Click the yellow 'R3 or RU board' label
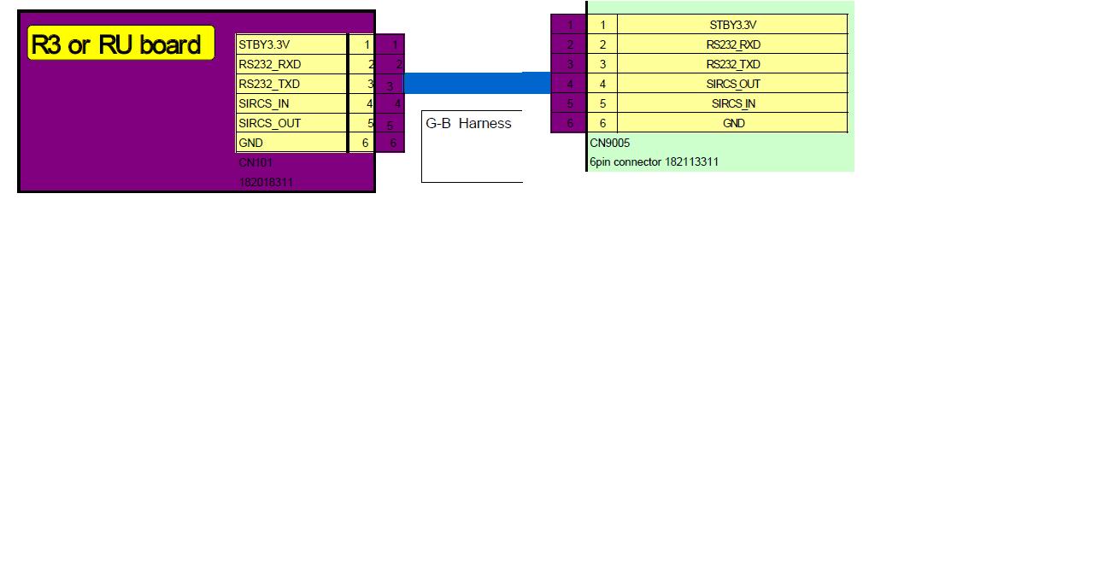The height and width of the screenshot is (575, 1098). [x=120, y=44]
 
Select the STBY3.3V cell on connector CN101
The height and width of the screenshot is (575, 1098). [x=291, y=44]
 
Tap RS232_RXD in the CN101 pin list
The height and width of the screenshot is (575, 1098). [x=291, y=64]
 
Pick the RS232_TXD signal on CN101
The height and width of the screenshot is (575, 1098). [x=291, y=84]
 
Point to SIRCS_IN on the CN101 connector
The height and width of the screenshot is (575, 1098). [x=291, y=103]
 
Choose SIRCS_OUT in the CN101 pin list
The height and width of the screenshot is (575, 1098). [x=291, y=123]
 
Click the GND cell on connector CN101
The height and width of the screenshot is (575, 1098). [x=291, y=143]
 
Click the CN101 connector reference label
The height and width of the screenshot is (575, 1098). [x=255, y=162]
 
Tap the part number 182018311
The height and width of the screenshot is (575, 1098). [x=267, y=182]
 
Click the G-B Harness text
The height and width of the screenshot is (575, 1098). [x=468, y=123]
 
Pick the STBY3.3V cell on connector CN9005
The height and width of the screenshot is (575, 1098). [x=732, y=25]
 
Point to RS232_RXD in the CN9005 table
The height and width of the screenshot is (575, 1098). [x=732, y=44]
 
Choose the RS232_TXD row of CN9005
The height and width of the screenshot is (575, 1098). [x=732, y=64]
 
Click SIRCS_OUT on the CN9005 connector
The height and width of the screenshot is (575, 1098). [x=732, y=84]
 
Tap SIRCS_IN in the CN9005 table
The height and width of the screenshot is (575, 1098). [x=732, y=103]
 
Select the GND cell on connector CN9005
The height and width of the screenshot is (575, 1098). [x=732, y=123]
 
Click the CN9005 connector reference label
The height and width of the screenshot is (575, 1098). [x=609, y=143]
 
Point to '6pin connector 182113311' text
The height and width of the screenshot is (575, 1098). [x=654, y=161]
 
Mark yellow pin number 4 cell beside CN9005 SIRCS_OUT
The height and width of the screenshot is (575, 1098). [x=602, y=84]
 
